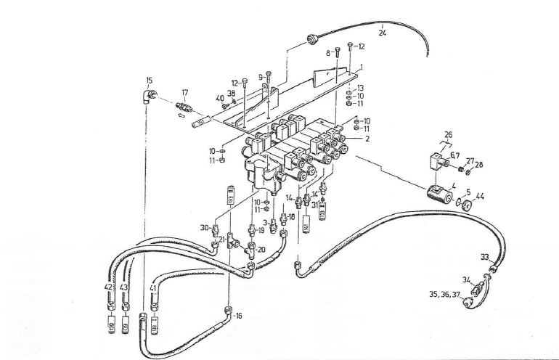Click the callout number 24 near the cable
(x=383, y=32)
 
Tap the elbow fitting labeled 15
(x=149, y=96)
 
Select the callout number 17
(x=185, y=93)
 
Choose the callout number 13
(x=360, y=88)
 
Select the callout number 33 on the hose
(x=484, y=256)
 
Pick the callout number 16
(x=238, y=316)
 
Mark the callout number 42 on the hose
(x=109, y=288)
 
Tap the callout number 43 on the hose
(x=125, y=288)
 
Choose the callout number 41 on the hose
(x=153, y=288)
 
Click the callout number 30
(x=205, y=226)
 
